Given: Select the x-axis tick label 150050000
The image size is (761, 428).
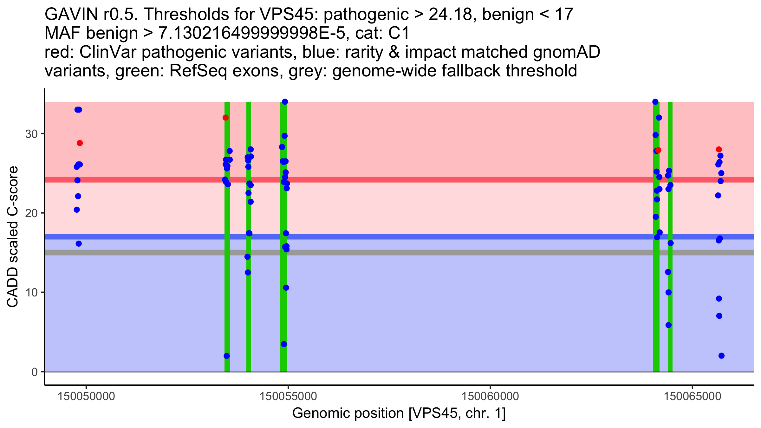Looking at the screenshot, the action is click(86, 396).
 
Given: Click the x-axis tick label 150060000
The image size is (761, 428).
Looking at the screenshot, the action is click(490, 396).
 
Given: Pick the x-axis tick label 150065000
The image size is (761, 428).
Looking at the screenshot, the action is click(692, 396).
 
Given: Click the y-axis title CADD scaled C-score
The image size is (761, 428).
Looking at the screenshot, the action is click(12, 237).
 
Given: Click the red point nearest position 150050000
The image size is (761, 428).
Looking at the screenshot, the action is click(80, 143).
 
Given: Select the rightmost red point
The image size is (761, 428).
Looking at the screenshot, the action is click(719, 149).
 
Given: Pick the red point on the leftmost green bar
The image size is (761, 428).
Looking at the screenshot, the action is click(225, 118).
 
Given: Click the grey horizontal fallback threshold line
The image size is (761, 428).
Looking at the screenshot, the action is click(399, 252).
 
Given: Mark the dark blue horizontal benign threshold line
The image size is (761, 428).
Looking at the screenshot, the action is click(399, 237).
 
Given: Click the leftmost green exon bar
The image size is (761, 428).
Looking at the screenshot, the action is click(227, 237).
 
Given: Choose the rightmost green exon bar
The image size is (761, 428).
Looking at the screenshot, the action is click(670, 237).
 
